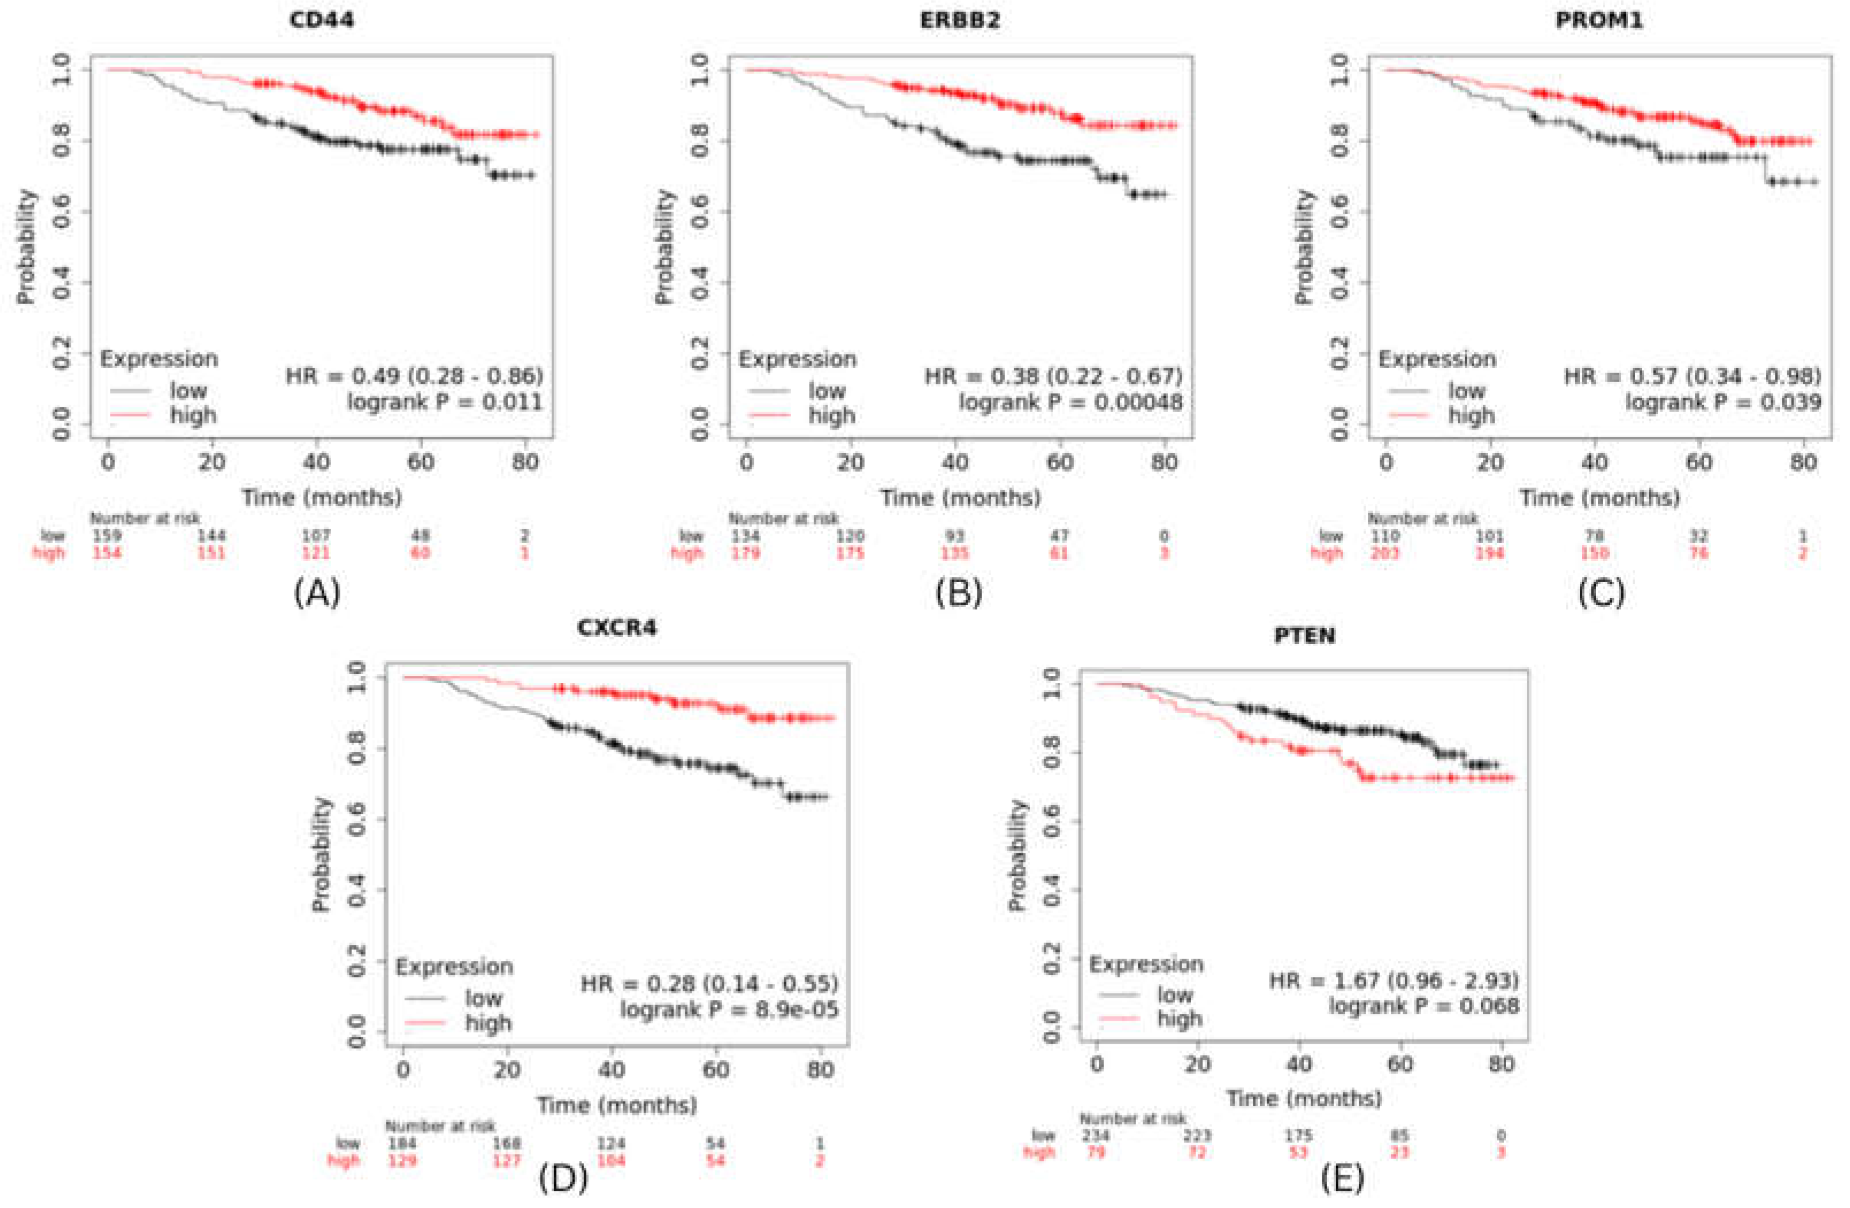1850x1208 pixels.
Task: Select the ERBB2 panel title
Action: [960, 20]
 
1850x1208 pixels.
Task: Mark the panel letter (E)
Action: [1342, 1179]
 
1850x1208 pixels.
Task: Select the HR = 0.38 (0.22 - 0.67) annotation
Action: [1053, 377]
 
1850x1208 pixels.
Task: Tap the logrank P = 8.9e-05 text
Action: [729, 1010]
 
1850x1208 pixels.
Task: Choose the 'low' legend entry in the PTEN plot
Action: [1174, 994]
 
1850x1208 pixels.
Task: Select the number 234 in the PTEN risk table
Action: [1096, 1136]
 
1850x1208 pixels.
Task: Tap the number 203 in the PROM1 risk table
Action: [1385, 553]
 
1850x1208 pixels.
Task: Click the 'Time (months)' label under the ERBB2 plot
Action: [960, 497]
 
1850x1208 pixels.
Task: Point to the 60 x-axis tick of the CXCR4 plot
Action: [716, 1070]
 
